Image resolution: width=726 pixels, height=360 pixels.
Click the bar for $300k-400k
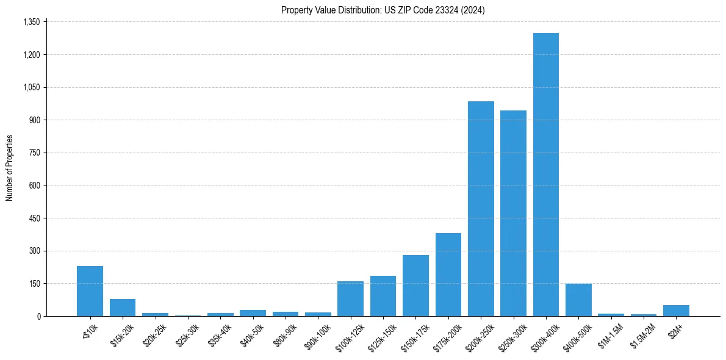[545, 175]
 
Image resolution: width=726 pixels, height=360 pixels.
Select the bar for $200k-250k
[481, 209]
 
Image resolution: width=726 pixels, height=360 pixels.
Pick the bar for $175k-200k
[448, 275]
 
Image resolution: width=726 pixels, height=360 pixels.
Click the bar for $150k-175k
[415, 286]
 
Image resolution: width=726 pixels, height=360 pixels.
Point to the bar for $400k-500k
[578, 300]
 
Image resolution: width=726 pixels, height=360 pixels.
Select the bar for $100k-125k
[350, 299]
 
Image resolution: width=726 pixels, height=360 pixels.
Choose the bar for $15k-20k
[123, 308]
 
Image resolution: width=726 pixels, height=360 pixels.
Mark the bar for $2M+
[676, 311]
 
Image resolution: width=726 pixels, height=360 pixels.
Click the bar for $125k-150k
[383, 296]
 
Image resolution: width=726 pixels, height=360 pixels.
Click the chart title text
[383, 10]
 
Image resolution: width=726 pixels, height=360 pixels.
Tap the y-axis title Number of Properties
[10, 168]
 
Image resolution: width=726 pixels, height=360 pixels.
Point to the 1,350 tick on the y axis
[31, 22]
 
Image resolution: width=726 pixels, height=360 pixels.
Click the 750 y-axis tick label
[34, 153]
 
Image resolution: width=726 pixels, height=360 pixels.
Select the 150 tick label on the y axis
[34, 284]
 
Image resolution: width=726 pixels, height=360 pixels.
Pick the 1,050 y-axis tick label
[31, 87]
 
